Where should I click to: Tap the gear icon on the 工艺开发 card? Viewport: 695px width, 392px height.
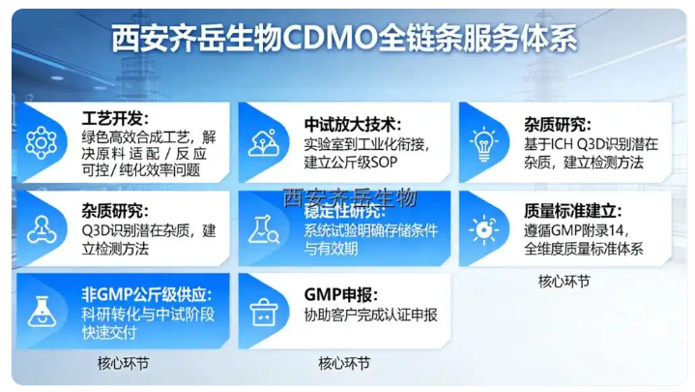pyautogui.click(x=42, y=142)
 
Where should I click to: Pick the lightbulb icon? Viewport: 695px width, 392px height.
pyautogui.click(x=483, y=142)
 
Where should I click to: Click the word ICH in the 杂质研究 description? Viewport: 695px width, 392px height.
pyautogui.click(x=579, y=144)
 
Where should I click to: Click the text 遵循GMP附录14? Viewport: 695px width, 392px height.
pyautogui.click(x=575, y=230)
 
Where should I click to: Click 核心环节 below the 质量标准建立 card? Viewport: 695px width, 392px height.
pyautogui.click(x=564, y=282)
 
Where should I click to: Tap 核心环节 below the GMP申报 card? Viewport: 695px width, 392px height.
pyautogui.click(x=343, y=364)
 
